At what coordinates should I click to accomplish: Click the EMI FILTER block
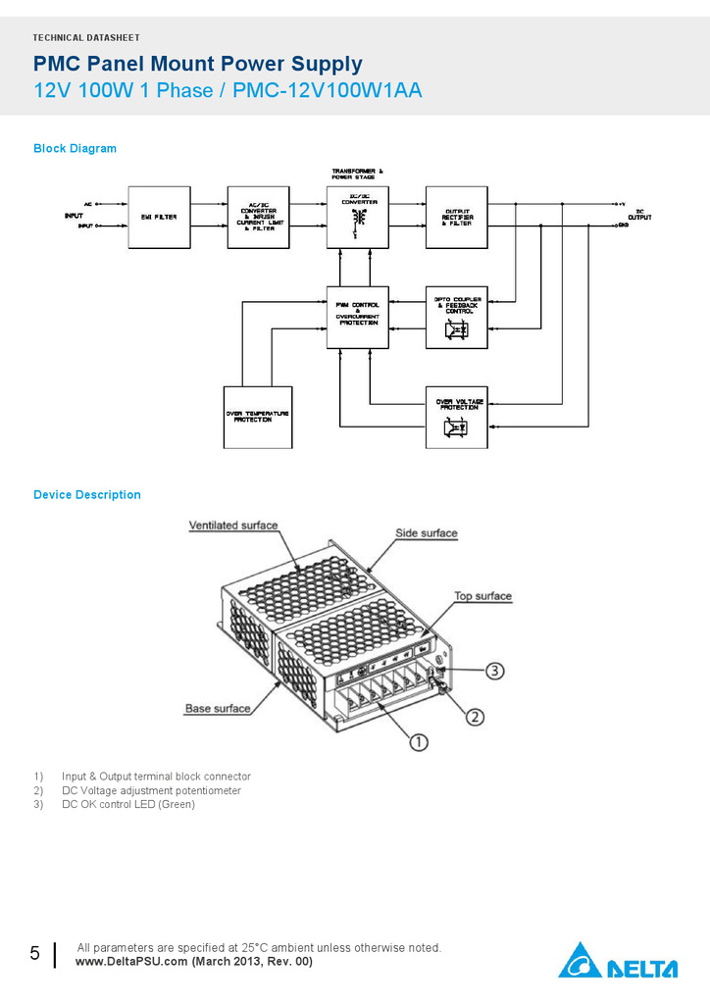click(159, 217)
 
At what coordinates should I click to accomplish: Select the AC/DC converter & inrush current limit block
click(258, 217)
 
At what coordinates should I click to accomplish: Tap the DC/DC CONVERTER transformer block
click(357, 217)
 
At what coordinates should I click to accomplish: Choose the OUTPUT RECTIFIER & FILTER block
click(456, 217)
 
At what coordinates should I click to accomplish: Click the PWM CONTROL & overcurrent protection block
click(357, 317)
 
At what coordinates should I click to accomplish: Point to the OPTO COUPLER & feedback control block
click(456, 317)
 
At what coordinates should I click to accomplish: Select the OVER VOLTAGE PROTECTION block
click(456, 416)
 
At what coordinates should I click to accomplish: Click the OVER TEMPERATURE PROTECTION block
click(258, 416)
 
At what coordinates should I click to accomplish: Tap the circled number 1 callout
click(419, 742)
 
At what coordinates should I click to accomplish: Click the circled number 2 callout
click(475, 717)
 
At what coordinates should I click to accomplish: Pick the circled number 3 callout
click(495, 671)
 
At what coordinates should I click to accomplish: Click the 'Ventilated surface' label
click(233, 526)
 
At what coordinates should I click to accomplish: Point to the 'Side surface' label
click(427, 533)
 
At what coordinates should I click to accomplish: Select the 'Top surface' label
click(482, 596)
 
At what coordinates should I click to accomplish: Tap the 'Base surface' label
click(218, 708)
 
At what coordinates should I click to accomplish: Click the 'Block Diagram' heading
click(75, 149)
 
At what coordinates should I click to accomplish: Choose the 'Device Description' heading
click(87, 495)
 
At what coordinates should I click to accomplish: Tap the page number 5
click(35, 953)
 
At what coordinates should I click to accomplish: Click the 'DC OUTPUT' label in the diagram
click(639, 214)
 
